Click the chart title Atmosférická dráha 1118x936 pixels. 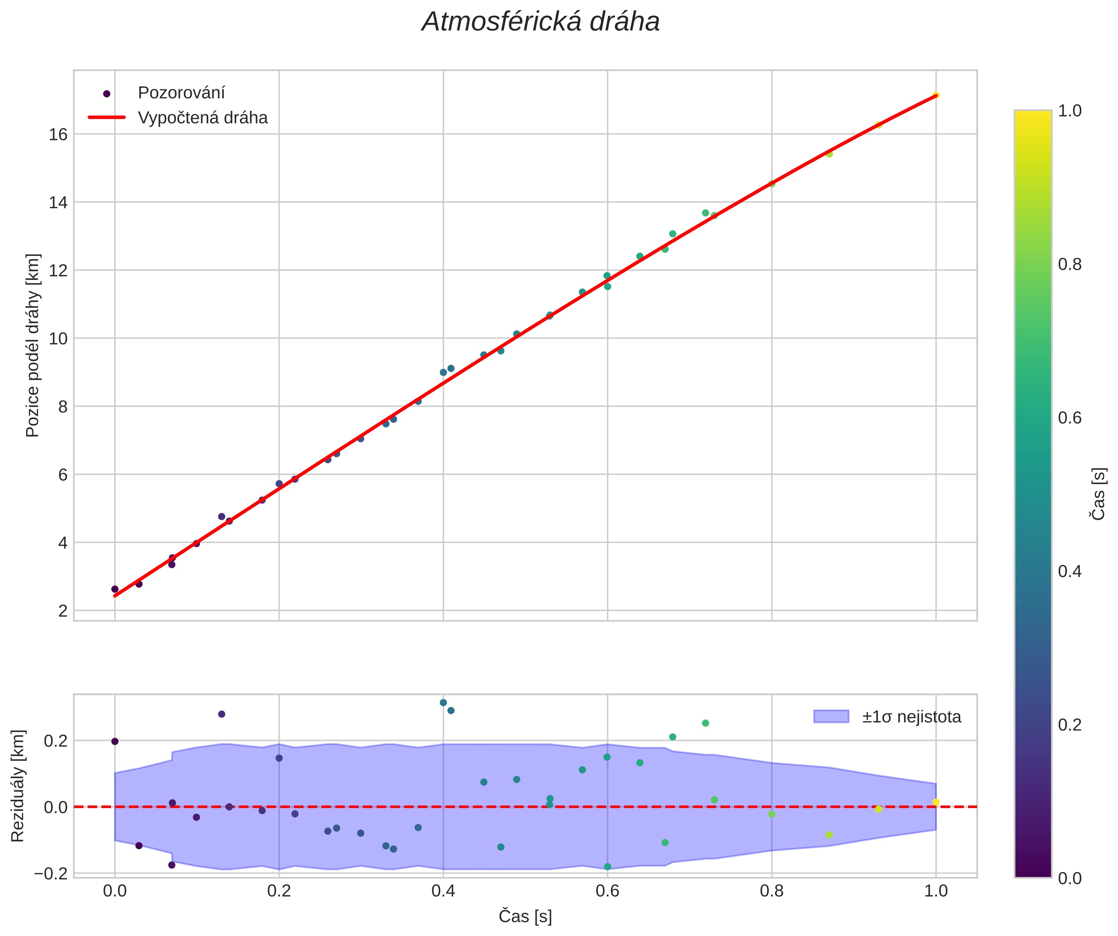pyautogui.click(x=540, y=22)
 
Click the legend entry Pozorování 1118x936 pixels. pyautogui.click(x=181, y=93)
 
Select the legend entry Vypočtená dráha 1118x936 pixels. pyautogui.click(x=202, y=118)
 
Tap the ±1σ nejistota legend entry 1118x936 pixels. pyautogui.click(x=912, y=717)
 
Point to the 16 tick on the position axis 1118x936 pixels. pyautogui.click(x=58, y=135)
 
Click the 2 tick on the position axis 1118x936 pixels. pyautogui.click(x=63, y=611)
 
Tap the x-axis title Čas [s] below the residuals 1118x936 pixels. pyautogui.click(x=525, y=916)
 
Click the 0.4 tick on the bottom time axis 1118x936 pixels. pyautogui.click(x=443, y=891)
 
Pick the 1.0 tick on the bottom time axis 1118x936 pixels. pyautogui.click(x=935, y=891)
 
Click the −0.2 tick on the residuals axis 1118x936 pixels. pyautogui.click(x=51, y=874)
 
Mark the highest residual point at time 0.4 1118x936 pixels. pyautogui.click(x=444, y=703)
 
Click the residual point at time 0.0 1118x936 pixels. pyautogui.click(x=115, y=742)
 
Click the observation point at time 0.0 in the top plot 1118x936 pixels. pyautogui.click(x=115, y=589)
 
